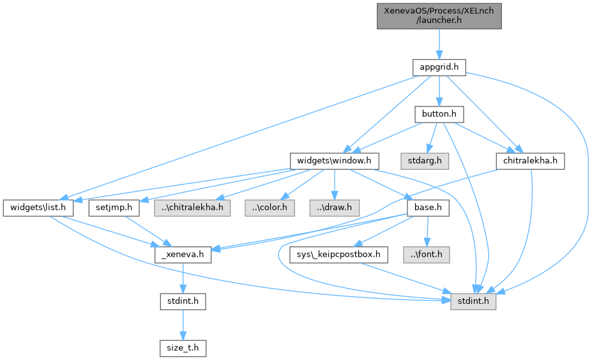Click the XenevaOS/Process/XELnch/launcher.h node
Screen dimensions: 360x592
438,15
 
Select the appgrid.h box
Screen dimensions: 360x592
438,66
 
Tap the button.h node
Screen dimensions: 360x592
438,114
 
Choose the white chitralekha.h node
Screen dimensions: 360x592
530,161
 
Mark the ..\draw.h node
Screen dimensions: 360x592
335,208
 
